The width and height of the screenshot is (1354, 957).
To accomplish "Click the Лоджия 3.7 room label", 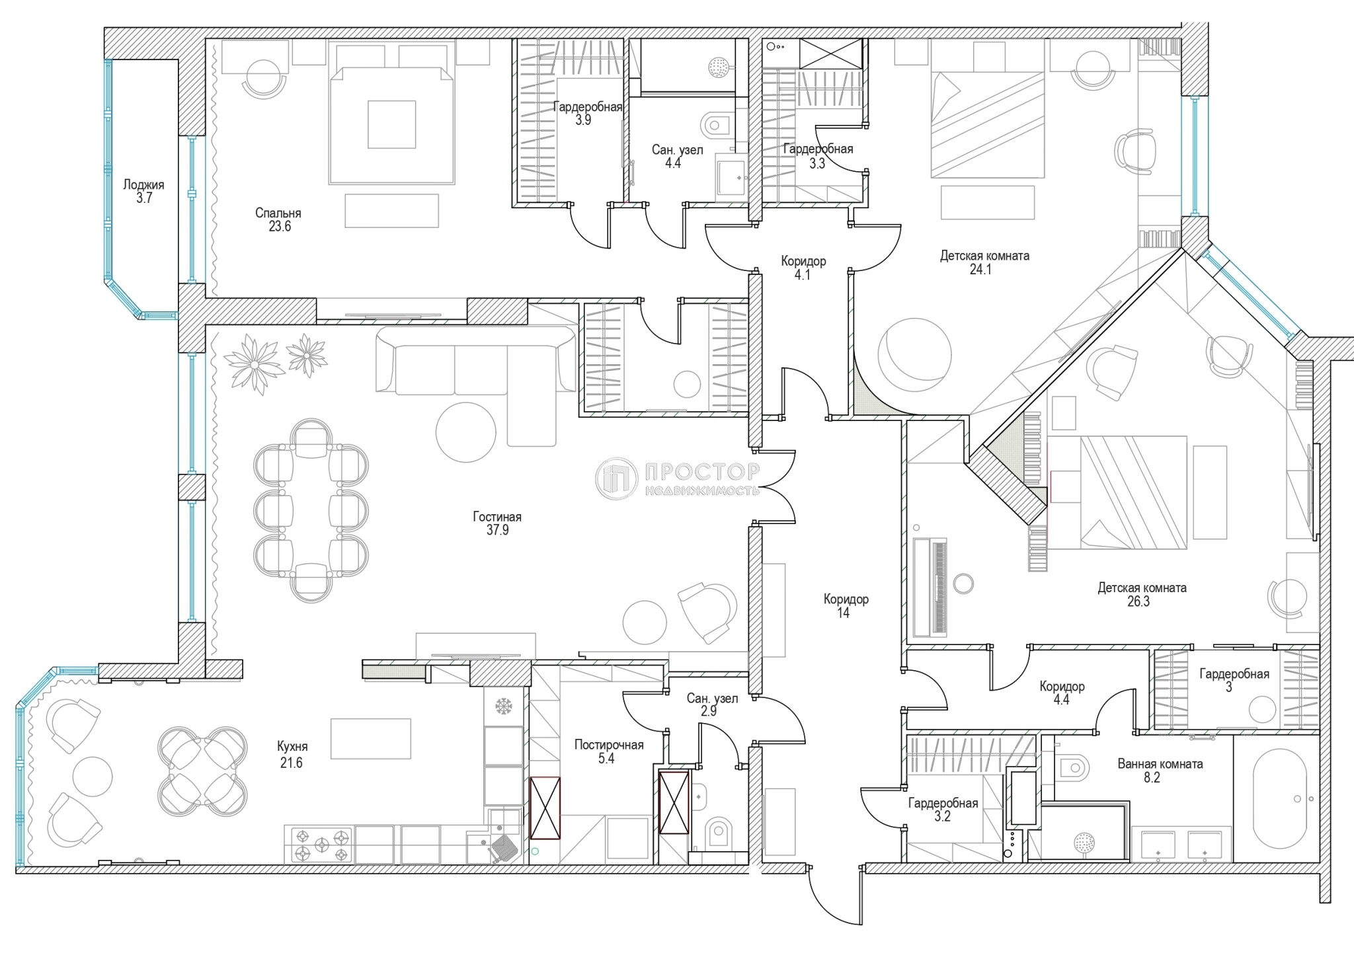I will (143, 192).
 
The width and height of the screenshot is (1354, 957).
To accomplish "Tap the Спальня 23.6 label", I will (278, 219).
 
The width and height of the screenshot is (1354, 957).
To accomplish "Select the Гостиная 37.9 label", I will (497, 523).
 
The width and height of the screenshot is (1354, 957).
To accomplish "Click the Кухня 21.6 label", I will (292, 754).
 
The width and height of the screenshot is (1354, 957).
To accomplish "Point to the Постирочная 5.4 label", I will (608, 751).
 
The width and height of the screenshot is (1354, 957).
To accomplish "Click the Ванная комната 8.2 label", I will (1160, 771).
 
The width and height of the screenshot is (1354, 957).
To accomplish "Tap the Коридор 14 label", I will (846, 606).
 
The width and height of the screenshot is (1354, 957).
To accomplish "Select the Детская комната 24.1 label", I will (984, 262).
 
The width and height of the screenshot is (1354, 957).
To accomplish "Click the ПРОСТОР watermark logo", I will (678, 478).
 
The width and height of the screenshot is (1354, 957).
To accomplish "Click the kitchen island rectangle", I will (370, 738).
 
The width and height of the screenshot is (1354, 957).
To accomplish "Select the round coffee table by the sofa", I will (465, 432).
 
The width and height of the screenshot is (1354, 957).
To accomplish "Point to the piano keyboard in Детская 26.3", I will (938, 587).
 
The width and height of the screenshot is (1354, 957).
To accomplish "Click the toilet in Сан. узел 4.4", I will (716, 124).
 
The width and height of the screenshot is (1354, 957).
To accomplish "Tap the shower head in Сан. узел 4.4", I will (717, 66).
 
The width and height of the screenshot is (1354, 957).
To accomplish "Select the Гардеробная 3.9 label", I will (587, 113).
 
